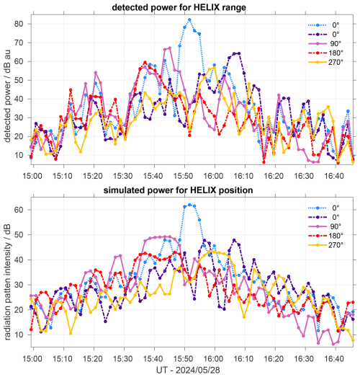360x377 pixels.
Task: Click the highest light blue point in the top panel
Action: tap(189, 20)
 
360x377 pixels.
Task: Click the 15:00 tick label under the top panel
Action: tap(32, 175)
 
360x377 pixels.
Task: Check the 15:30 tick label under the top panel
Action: tap(122, 175)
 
